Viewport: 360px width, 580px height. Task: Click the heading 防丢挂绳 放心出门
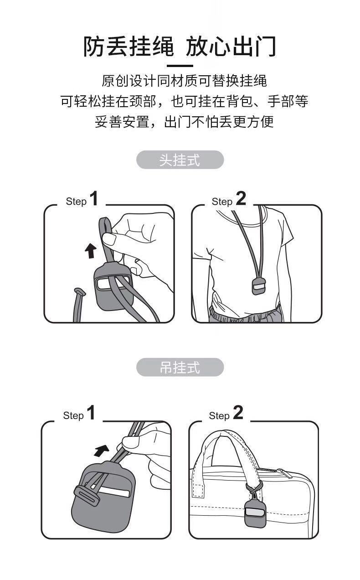point(180,47)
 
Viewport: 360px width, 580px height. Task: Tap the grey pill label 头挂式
point(180,160)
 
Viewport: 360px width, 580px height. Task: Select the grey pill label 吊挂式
point(180,368)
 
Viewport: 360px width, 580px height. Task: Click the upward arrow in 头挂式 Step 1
point(91,250)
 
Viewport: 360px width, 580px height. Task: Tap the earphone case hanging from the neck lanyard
point(258,286)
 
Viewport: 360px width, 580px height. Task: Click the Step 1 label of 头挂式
point(82,200)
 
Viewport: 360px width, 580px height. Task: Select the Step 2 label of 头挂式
point(228,200)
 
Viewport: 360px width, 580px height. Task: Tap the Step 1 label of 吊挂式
point(79,414)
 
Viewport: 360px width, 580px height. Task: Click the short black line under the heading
point(180,66)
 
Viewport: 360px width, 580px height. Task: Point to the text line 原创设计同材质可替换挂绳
point(184,81)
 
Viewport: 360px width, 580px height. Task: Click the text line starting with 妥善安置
point(184,122)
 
